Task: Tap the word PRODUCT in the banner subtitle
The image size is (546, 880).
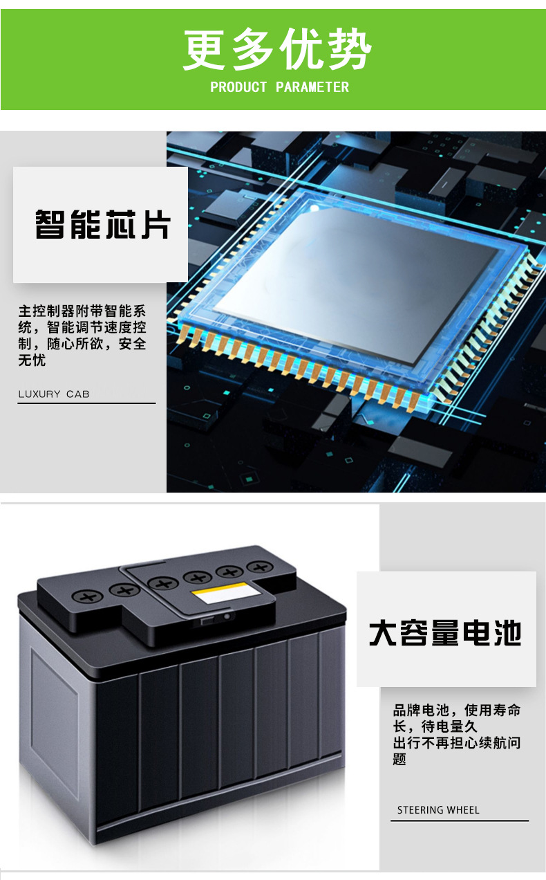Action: (x=238, y=87)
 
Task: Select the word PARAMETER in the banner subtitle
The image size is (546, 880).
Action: (x=312, y=87)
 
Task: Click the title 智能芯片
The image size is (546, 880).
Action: (x=103, y=224)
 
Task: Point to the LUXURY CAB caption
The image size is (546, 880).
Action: (x=54, y=394)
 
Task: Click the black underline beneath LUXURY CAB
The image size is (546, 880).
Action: (x=86, y=403)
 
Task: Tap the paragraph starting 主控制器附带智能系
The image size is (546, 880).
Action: (x=82, y=335)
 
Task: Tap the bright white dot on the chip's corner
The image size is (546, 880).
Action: (x=314, y=208)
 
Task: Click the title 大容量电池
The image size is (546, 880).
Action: (x=445, y=633)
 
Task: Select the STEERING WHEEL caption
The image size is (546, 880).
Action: (x=438, y=810)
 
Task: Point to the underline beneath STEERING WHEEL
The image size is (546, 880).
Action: (x=460, y=821)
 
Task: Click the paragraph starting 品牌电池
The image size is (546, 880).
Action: (x=457, y=735)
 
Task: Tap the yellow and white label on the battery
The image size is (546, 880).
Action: (x=227, y=593)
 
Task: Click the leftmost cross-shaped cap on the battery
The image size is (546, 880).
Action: (x=88, y=597)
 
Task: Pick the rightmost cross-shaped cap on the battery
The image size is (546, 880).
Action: (x=261, y=567)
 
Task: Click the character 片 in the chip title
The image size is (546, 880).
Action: (x=156, y=224)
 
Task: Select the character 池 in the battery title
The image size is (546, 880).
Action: (x=507, y=633)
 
